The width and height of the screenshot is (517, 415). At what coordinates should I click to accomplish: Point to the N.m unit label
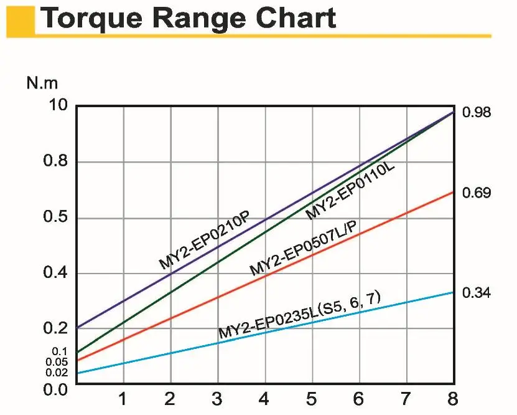click(42, 83)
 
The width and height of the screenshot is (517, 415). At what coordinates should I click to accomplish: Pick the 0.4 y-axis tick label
click(55, 274)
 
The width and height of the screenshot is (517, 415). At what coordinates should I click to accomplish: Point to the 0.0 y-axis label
click(55, 389)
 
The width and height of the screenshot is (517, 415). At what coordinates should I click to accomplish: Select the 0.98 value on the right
click(477, 113)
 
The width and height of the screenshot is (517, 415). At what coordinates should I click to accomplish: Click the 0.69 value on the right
click(477, 193)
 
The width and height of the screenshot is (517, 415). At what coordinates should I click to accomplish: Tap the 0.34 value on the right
click(477, 293)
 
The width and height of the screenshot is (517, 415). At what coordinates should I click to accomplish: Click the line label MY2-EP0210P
click(204, 241)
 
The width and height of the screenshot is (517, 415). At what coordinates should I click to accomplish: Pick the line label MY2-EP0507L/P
click(303, 248)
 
